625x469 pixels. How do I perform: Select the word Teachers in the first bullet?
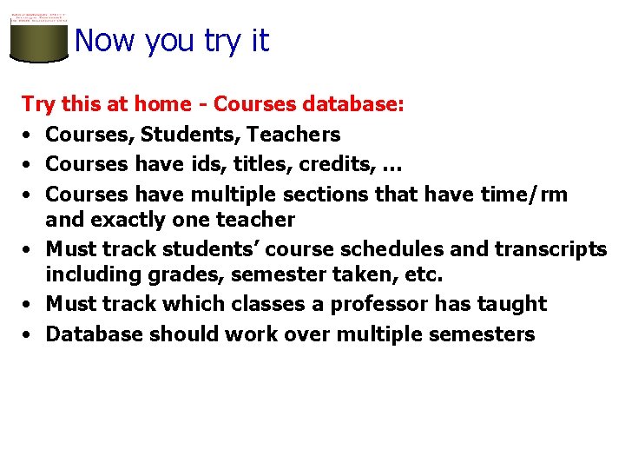294,135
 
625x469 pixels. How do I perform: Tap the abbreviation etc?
424,276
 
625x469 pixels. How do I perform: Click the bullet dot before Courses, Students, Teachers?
29,135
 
